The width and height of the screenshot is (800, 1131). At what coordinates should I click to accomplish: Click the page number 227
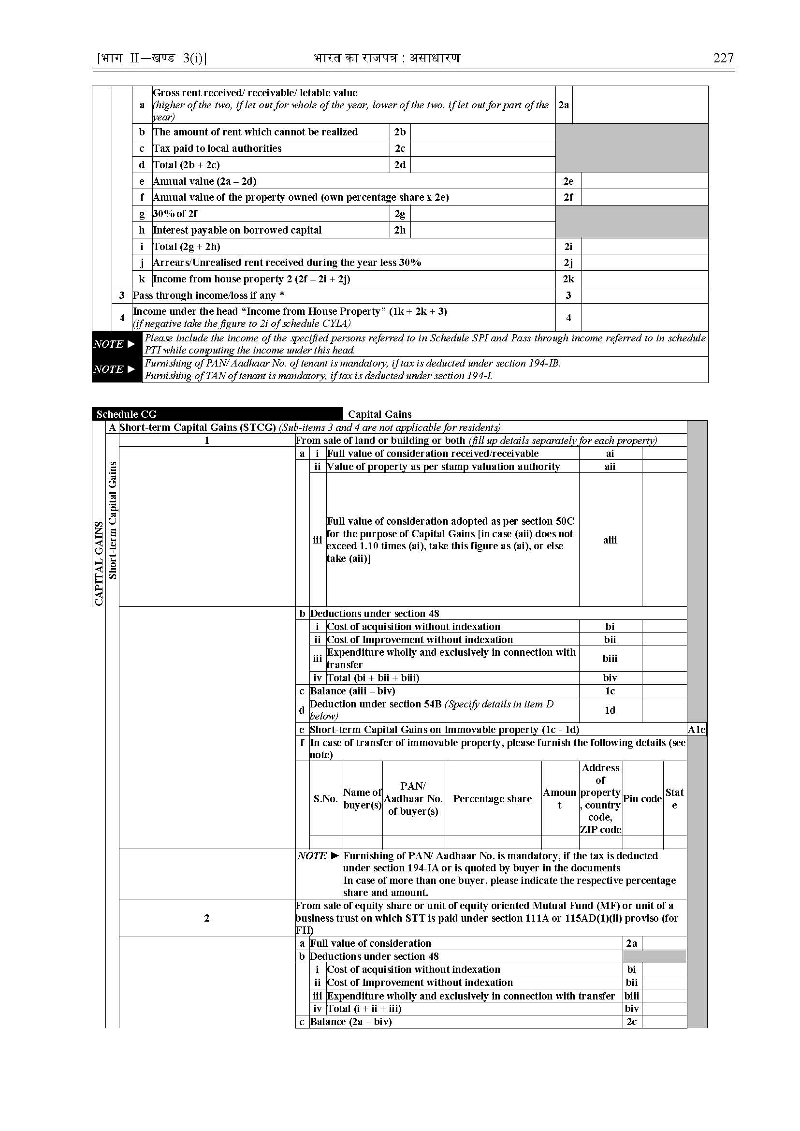point(723,58)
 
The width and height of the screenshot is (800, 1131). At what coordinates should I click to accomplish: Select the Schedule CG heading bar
point(217,414)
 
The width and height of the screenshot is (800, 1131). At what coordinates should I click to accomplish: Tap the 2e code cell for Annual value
point(568,181)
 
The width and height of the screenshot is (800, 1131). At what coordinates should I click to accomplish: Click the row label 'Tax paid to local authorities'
point(217,148)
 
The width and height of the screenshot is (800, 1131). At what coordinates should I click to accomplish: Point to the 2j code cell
point(568,263)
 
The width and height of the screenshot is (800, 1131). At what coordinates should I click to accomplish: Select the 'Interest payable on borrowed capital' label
point(237,230)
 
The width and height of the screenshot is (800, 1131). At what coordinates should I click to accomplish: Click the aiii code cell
point(610,540)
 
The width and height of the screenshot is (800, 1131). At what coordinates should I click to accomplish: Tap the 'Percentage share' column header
point(492,799)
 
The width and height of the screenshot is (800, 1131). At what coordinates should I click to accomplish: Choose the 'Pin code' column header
point(642,799)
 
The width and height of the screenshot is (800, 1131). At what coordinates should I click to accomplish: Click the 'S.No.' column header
point(326,799)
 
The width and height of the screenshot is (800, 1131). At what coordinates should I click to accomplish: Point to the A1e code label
point(697,729)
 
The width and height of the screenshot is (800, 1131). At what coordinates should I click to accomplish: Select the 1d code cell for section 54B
point(610,710)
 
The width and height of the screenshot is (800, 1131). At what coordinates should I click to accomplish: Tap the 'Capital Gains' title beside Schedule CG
point(380,414)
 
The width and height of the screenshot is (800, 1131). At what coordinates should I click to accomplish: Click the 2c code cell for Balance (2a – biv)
point(631,1022)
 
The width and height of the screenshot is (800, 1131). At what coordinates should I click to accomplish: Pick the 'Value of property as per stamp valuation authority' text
point(443,467)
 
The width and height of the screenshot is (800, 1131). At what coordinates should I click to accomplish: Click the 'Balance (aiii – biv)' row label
point(353,691)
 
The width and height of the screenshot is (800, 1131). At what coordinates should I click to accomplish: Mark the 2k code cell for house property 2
point(568,279)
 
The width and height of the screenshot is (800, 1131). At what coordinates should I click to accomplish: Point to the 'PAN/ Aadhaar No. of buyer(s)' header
point(413,799)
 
